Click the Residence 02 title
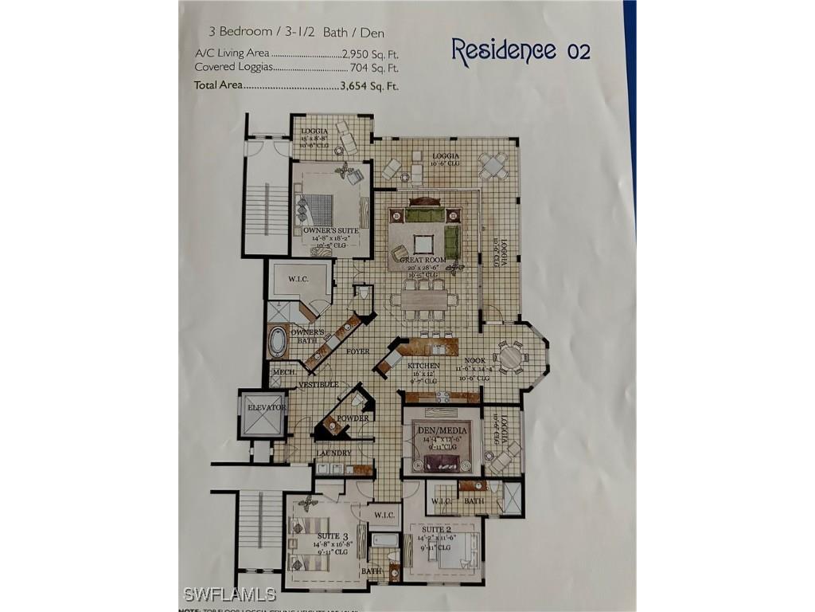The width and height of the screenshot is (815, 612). [x=521, y=49]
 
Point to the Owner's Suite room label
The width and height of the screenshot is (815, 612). [x=330, y=230]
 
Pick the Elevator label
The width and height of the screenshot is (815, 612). [x=266, y=407]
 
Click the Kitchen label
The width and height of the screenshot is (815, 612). [x=423, y=366]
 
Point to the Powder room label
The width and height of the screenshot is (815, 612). [x=353, y=418]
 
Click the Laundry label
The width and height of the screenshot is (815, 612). [x=333, y=453]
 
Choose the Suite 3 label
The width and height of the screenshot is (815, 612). [x=333, y=535]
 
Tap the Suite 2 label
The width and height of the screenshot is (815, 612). [x=437, y=529]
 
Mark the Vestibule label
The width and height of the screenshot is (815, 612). [x=318, y=385]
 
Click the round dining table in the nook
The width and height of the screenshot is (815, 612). [x=509, y=356]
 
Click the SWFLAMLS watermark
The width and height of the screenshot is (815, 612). [x=229, y=594]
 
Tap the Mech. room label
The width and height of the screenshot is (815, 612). [x=284, y=372]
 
